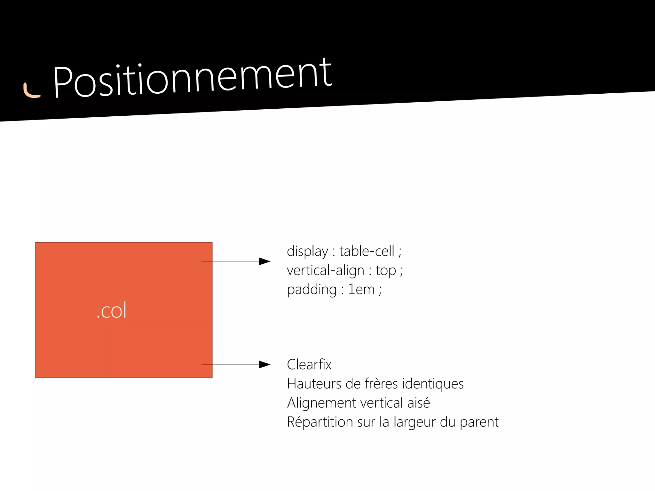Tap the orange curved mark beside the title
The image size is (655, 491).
tap(31, 91)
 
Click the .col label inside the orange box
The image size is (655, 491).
tap(112, 310)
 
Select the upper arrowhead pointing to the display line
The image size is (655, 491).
tap(264, 261)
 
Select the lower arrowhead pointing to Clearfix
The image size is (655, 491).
tap(264, 364)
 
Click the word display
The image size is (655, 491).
tap(307, 252)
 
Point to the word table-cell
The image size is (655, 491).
tap(367, 251)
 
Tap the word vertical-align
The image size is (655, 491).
tap(325, 270)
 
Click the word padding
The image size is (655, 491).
tap(312, 290)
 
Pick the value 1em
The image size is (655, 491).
tap(361, 290)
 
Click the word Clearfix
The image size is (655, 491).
tap(309, 364)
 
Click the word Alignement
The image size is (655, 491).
tap(321, 403)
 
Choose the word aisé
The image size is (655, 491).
tap(418, 403)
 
